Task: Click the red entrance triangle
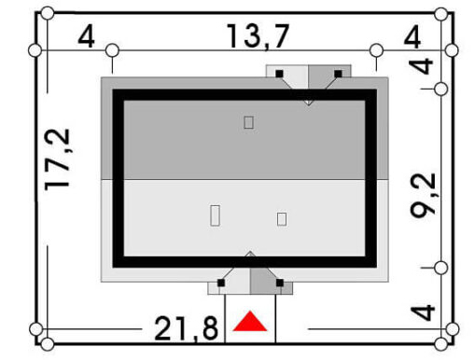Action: pyautogui.click(x=250, y=322)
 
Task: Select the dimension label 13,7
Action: pyautogui.click(x=258, y=36)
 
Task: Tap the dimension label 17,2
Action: pyautogui.click(x=58, y=159)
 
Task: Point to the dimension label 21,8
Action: pyautogui.click(x=187, y=329)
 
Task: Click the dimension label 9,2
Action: pyautogui.click(x=423, y=195)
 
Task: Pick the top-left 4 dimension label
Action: pyautogui.click(x=86, y=37)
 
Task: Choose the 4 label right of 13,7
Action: pyautogui.click(x=412, y=37)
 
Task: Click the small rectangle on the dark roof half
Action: pyautogui.click(x=248, y=122)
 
